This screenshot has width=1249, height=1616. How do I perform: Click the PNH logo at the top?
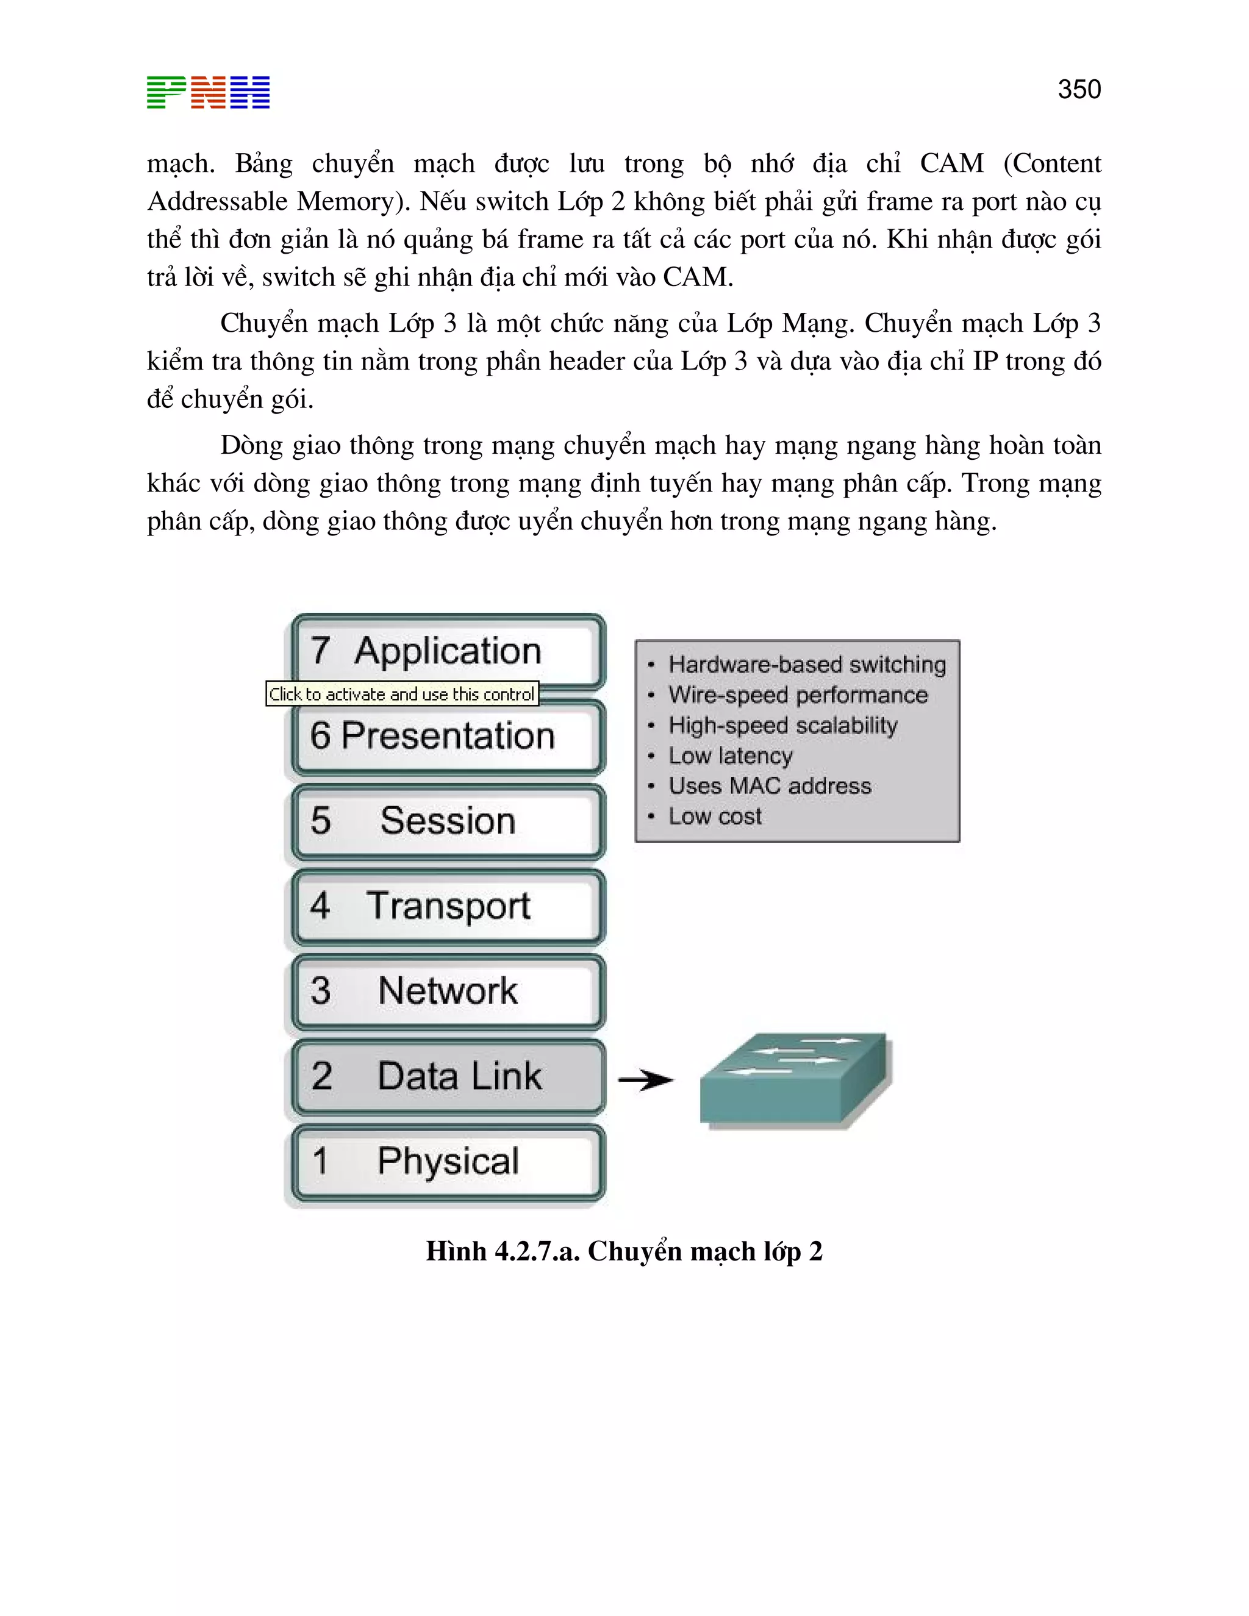point(208,93)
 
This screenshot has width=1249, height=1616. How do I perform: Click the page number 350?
point(1079,90)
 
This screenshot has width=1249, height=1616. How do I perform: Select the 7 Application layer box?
point(447,651)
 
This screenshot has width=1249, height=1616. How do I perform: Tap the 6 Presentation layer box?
point(447,736)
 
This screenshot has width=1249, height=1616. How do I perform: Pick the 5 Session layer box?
point(447,821)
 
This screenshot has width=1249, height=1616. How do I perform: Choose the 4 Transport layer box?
point(447,906)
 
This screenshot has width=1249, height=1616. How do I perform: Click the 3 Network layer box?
point(447,992)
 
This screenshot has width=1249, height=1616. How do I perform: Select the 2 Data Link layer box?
point(447,1076)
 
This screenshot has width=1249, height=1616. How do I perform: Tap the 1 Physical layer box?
point(447,1162)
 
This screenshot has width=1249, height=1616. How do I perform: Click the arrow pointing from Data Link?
point(645,1081)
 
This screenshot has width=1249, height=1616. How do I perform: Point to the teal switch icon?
point(795,1081)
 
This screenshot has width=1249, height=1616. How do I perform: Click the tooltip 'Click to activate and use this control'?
point(402,694)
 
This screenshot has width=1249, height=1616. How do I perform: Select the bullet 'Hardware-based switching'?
point(806,665)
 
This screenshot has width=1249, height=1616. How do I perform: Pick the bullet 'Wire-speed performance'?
point(798,695)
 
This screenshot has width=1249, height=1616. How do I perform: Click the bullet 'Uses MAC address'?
point(770,786)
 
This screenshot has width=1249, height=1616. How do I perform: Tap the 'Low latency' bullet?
point(730,756)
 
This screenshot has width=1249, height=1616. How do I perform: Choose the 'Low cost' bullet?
point(715,816)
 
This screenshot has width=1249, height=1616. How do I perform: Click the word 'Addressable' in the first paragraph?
point(218,201)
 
